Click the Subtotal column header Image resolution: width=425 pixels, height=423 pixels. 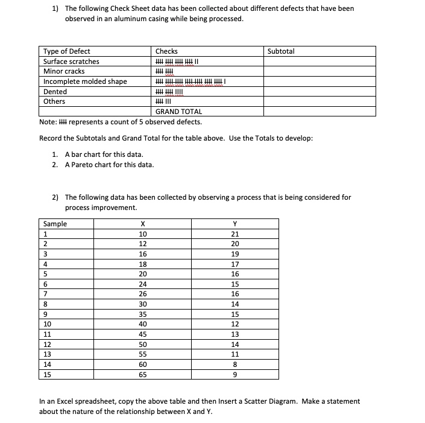point(280,51)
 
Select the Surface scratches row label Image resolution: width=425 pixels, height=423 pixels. point(71,62)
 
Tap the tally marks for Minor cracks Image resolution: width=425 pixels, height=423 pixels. point(165,71)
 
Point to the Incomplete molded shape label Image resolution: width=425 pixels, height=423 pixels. point(85,81)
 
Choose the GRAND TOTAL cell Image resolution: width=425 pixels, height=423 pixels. point(178,112)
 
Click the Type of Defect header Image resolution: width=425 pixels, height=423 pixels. point(67,51)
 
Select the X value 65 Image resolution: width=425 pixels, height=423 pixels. point(143,374)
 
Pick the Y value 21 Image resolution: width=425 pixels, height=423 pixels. point(236,234)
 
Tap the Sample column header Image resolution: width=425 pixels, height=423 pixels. point(55,224)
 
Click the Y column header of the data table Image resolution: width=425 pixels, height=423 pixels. point(236,224)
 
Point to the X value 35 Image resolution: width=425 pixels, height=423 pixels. point(143,314)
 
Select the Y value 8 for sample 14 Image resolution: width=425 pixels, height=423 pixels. point(236,364)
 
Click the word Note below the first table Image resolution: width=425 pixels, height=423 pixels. point(47,121)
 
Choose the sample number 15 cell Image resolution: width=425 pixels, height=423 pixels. point(48,374)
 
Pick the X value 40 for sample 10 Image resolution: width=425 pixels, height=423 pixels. point(143,324)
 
